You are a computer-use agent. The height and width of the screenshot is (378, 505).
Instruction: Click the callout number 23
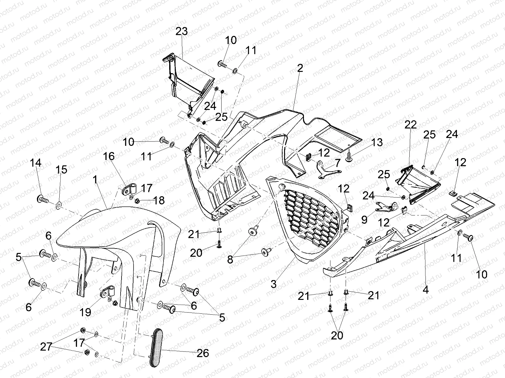click(x=182, y=31)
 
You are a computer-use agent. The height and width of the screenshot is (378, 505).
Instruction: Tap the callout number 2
click(x=300, y=68)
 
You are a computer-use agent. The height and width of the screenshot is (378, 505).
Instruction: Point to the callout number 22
click(x=411, y=124)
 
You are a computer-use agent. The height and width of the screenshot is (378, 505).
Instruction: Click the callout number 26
click(x=203, y=353)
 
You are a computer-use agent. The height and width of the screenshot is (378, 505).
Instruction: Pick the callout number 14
click(x=36, y=163)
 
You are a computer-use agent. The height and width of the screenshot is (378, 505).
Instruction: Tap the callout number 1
click(x=95, y=180)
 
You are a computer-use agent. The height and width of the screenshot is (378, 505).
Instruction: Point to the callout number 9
click(x=365, y=219)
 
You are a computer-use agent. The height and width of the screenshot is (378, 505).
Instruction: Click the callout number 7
click(x=337, y=163)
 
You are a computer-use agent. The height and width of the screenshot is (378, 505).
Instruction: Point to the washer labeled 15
click(x=59, y=207)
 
